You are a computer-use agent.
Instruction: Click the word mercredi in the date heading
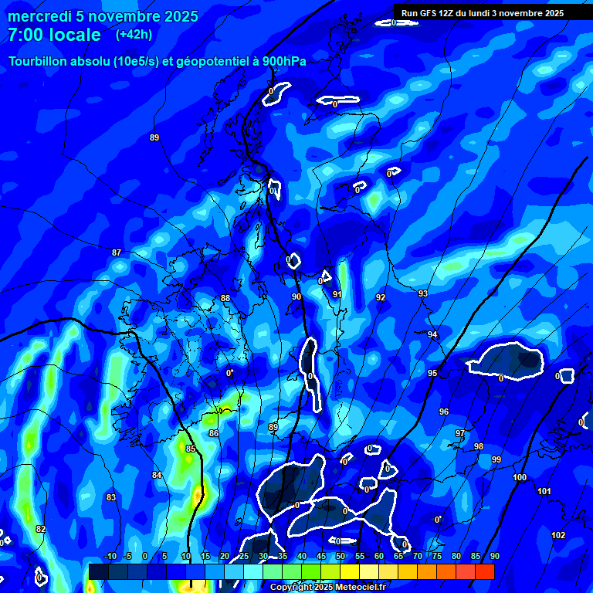tap(39, 16)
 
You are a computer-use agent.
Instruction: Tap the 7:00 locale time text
tap(54, 35)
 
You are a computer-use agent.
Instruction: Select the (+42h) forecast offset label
tap(134, 35)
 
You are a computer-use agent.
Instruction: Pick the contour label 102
tap(558, 535)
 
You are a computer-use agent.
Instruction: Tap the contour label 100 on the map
tap(520, 478)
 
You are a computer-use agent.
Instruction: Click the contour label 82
tap(41, 529)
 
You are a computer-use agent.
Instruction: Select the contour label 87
tap(117, 252)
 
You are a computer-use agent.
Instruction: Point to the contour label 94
tap(432, 334)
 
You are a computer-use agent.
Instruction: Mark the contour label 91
tap(337, 294)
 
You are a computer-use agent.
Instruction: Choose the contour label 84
tap(157, 475)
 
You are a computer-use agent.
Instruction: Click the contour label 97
tap(460, 433)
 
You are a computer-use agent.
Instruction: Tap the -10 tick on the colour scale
tap(110, 557)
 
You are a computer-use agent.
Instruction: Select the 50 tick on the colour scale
tap(341, 557)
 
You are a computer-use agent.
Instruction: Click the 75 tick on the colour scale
tap(437, 557)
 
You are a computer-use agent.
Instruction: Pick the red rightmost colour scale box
tap(484, 571)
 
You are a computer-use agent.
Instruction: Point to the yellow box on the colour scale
tap(349, 571)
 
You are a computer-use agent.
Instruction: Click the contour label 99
tap(496, 459)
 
